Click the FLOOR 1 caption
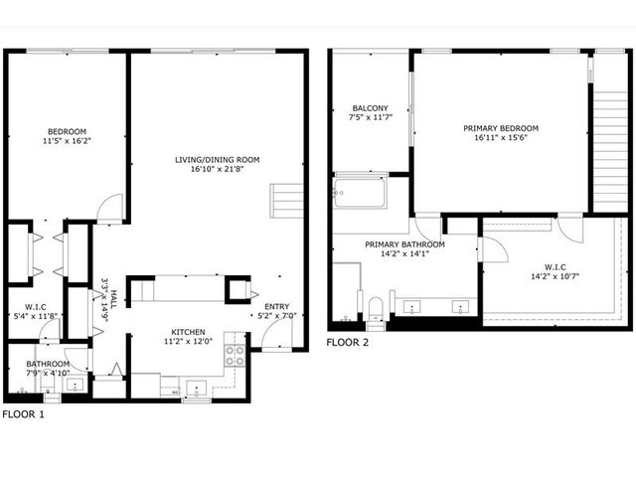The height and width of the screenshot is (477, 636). (x=23, y=414)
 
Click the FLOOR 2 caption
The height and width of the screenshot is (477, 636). (x=348, y=342)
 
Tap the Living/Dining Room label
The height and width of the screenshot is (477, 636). (x=217, y=160)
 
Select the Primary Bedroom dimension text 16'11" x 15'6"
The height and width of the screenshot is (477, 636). (x=501, y=137)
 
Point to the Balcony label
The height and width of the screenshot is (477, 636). (x=370, y=108)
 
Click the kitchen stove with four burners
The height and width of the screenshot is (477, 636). (x=235, y=356)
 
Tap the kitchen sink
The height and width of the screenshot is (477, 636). (x=197, y=389)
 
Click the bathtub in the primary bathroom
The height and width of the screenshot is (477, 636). (x=360, y=192)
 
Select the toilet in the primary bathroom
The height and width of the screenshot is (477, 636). (x=376, y=309)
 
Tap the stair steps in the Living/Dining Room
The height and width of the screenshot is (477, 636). (x=286, y=201)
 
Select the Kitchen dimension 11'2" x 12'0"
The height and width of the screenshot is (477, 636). (x=188, y=342)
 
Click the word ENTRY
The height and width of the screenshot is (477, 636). (x=277, y=307)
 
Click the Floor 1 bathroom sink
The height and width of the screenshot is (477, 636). (x=76, y=385)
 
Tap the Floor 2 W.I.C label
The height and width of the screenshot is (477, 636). (x=556, y=267)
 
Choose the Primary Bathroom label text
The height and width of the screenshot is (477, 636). (x=404, y=244)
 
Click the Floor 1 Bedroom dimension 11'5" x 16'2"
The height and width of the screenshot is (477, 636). (x=67, y=141)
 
